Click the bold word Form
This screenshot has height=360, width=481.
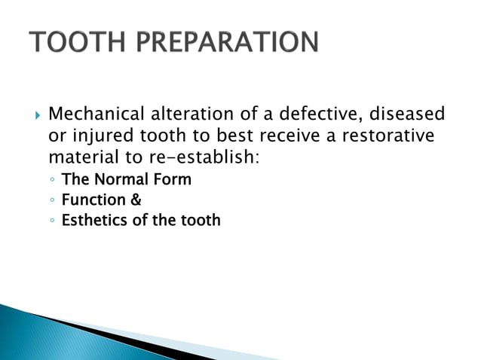coord(174,180)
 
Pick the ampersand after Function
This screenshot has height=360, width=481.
coord(136,200)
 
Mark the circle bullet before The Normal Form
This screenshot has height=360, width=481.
coord(51,181)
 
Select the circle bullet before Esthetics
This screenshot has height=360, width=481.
coord(51,221)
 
